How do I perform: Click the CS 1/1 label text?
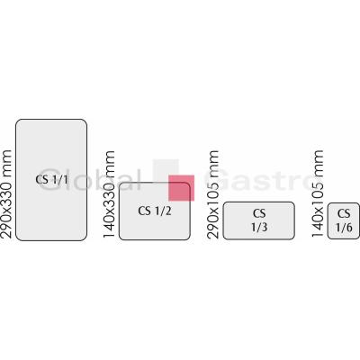pos(52,180)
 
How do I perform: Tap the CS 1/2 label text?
pos(155,211)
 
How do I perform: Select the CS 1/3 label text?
pos(259,220)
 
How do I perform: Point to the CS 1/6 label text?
pos(344,220)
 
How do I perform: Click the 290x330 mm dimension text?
pos(6,194)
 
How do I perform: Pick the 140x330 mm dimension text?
pos(109,194)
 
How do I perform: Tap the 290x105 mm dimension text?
pos(212,194)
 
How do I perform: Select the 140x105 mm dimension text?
pos(317,193)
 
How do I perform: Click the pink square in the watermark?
pos(181,188)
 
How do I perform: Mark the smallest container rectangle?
pos(343,220)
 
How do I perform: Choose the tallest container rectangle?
pos(51,180)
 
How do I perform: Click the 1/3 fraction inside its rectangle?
pos(259,227)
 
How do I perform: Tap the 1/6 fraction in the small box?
pos(344,228)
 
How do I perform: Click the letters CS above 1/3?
pos(259,213)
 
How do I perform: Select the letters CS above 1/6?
pos(344,213)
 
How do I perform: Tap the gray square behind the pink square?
pos(166,171)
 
